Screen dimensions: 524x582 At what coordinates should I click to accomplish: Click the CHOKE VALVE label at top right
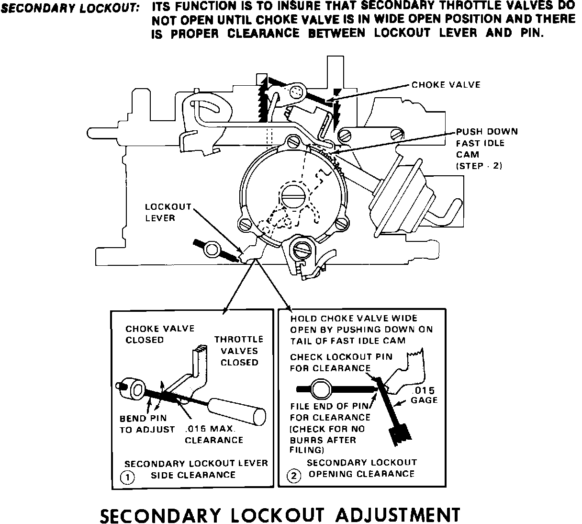click(x=446, y=85)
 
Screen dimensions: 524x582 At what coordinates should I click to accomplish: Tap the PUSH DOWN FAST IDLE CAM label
click(x=486, y=143)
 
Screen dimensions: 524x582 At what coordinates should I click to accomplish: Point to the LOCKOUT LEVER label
click(x=168, y=212)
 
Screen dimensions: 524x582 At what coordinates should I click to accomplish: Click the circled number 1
click(x=127, y=477)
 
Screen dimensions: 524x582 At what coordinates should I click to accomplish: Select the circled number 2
click(x=293, y=476)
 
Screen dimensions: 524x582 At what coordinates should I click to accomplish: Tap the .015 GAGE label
click(x=424, y=396)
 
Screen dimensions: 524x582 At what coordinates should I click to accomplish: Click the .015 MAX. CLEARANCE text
click(x=214, y=434)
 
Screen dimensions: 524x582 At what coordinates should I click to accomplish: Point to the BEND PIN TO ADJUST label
click(x=147, y=424)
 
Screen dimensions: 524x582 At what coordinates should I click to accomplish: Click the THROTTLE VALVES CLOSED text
click(x=239, y=351)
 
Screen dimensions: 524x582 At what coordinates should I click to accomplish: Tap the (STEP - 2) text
click(x=479, y=166)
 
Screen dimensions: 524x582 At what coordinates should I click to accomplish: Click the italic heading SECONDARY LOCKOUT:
click(x=70, y=8)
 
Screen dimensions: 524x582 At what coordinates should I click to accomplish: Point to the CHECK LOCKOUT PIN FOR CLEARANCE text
click(x=341, y=362)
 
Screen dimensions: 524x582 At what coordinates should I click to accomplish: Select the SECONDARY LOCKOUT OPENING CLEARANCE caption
click(x=361, y=468)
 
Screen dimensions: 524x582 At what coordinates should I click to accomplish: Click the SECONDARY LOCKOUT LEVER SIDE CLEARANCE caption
click(x=196, y=469)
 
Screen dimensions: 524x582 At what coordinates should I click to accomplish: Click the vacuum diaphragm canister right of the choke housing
click(x=402, y=192)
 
